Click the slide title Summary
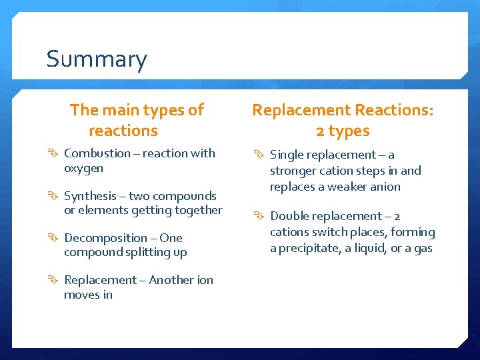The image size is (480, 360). pyautogui.click(x=97, y=60)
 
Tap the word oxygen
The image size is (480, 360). pyautogui.click(x=83, y=168)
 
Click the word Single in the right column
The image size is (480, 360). pyautogui.click(x=287, y=155)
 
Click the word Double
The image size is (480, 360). pyautogui.click(x=289, y=216)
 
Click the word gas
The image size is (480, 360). pyautogui.click(x=423, y=249)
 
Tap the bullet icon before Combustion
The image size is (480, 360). pyautogui.click(x=54, y=153)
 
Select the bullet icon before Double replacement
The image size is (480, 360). pyautogui.click(x=260, y=216)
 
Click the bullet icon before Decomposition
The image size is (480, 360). pyautogui.click(x=54, y=238)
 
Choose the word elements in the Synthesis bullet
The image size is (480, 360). pyautogui.click(x=101, y=210)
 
